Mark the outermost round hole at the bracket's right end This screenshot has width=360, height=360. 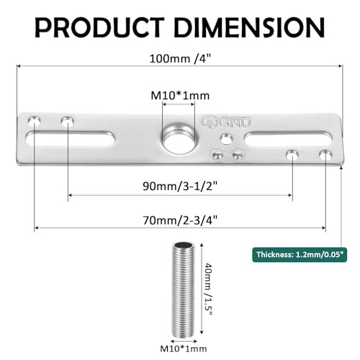click(325, 154)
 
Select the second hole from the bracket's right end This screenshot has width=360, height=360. click(292, 154)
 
